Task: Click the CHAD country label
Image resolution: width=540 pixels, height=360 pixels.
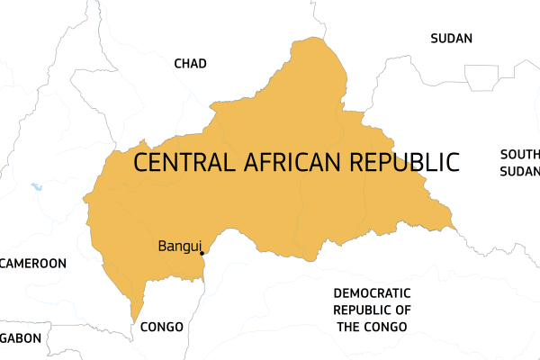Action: [190, 63]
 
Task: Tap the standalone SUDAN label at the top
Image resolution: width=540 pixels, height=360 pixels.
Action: [451, 38]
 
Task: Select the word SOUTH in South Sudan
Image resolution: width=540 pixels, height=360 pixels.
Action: [521, 154]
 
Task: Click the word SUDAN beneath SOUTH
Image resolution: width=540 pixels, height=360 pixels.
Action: [522, 171]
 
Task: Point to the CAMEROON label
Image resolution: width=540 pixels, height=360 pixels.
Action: [34, 264]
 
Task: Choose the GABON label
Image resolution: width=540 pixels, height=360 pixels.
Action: [21, 338]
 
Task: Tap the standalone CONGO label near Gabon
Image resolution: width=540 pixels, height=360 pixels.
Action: [162, 327]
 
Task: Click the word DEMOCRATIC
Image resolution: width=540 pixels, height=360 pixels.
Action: [372, 293]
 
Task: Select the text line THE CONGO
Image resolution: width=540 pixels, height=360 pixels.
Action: [373, 326]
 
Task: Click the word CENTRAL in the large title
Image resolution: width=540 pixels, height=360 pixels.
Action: [184, 162]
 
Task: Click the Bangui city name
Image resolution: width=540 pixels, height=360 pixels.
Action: [178, 245]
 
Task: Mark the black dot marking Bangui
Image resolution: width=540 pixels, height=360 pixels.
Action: [202, 253]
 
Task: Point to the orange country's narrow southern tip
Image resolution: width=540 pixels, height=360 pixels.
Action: [136, 317]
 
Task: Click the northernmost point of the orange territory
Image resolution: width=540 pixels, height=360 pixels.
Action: [317, 39]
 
